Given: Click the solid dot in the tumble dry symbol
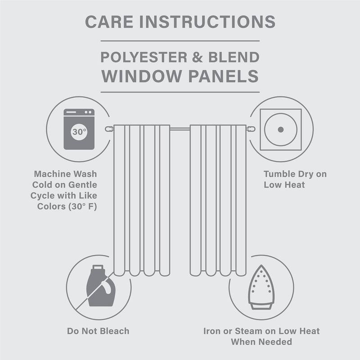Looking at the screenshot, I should click(280, 130).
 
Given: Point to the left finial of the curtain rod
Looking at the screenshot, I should click(108, 129).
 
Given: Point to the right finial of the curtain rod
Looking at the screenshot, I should click(252, 129).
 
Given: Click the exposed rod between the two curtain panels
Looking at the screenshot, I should click(180, 129).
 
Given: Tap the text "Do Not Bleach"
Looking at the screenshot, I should click(98, 331).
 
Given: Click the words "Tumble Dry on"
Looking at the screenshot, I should click(295, 174).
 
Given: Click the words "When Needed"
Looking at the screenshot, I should click(261, 342).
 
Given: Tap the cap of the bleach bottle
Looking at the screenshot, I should click(95, 269).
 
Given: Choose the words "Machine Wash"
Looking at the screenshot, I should click(65, 174).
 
